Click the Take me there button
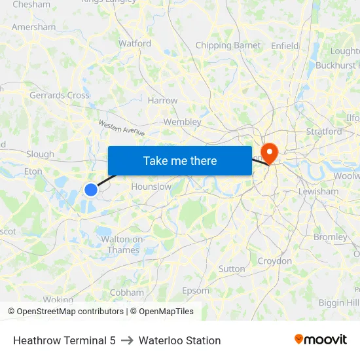[180, 161]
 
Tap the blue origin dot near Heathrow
[91, 190]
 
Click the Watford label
[135, 44]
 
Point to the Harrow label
[163, 101]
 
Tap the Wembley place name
[182, 122]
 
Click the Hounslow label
[151, 187]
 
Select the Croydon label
[275, 261]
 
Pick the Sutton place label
[232, 269]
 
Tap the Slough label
[40, 154]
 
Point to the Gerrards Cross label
[60, 96]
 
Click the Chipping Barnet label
[228, 46]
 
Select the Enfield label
[285, 46]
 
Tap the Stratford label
[324, 132]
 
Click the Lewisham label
[317, 192]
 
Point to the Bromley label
[331, 237]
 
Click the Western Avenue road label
[122, 128]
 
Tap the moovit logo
[321, 340]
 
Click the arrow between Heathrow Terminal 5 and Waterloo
[127, 340]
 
